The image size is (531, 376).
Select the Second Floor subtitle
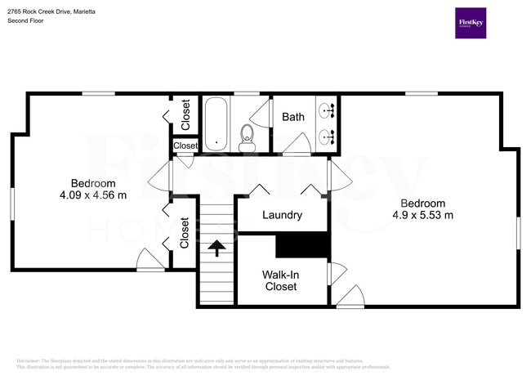[25, 21]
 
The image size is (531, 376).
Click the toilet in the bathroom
[248, 137]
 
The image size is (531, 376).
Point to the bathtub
[216, 123]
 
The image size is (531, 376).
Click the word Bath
[293, 117]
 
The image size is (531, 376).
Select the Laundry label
[283, 215]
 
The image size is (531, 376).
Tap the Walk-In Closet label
[279, 280]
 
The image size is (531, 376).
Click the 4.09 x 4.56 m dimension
[93, 195]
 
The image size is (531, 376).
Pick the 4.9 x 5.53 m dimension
[422, 215]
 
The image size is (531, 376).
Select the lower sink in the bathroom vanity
[328, 136]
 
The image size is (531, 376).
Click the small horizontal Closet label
[185, 145]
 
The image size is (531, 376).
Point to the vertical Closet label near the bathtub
[185, 114]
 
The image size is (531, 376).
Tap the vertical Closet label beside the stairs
[185, 232]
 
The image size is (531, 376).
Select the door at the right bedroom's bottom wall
[350, 297]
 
